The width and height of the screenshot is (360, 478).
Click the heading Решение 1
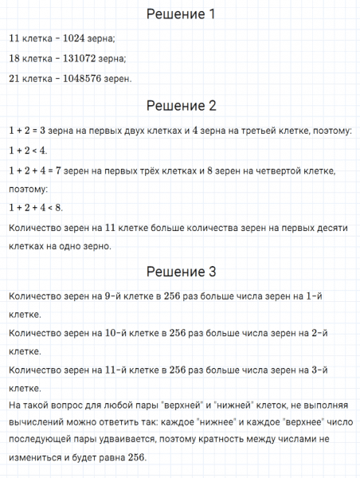[180, 14]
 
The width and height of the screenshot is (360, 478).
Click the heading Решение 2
[180, 106]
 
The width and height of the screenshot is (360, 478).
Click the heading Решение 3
[180, 271]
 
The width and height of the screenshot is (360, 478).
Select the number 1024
[74, 38]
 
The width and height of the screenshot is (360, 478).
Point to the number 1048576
[83, 78]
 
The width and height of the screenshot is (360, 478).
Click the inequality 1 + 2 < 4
[28, 150]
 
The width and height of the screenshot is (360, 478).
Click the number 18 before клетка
[14, 58]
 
